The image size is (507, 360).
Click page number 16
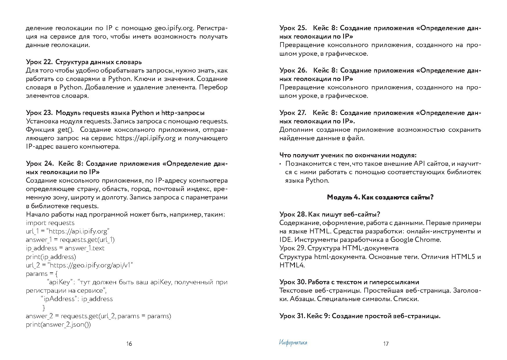(x=129, y=344)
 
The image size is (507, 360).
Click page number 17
(x=386, y=344)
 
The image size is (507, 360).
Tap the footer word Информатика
(x=293, y=343)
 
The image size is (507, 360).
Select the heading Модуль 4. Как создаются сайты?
(x=380, y=197)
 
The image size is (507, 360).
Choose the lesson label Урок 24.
(x=39, y=164)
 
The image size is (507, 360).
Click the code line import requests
(x=50, y=223)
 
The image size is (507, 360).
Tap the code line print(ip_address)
(x=51, y=257)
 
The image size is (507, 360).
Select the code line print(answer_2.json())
(x=58, y=325)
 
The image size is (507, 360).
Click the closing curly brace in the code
(x=44, y=307)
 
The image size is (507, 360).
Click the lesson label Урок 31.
(x=291, y=316)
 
